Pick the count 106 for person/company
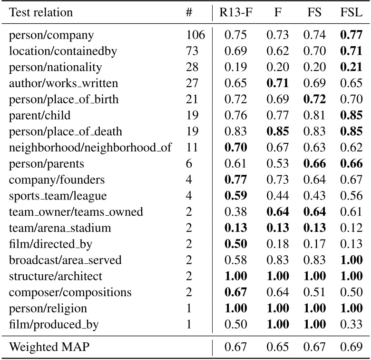click(x=195, y=35)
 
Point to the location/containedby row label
click(x=63, y=51)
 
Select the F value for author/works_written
click(x=277, y=83)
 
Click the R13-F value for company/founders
click(x=235, y=180)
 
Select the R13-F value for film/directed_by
click(x=235, y=245)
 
